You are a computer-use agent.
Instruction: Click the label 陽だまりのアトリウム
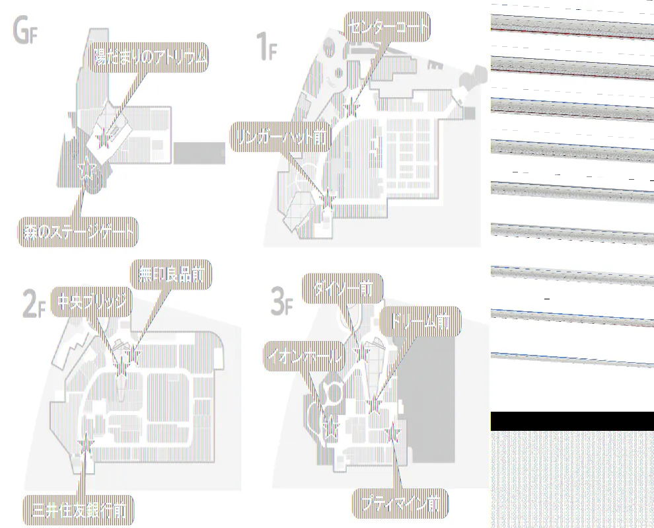[149, 59]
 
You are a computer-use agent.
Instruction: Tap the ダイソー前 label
[342, 289]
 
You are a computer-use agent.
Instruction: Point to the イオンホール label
[305, 358]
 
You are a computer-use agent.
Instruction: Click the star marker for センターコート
[351, 108]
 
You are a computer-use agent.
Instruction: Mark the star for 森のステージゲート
[86, 170]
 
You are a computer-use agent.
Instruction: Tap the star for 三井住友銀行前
[85, 445]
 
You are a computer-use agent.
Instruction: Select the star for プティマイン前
[393, 433]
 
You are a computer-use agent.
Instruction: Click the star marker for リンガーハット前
[327, 197]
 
